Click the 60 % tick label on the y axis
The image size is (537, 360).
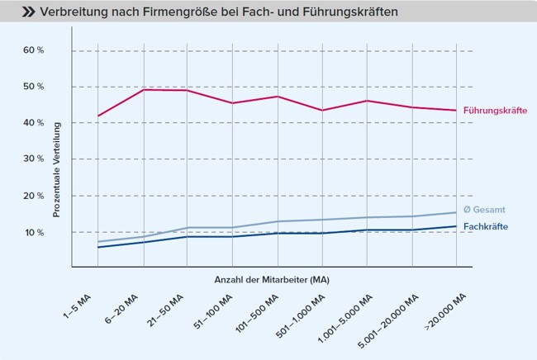pyautogui.click(x=33, y=50)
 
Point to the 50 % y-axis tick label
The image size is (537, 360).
pyautogui.click(x=33, y=87)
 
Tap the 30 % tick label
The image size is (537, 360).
pyautogui.click(x=33, y=159)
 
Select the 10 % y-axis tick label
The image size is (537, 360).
pyautogui.click(x=33, y=232)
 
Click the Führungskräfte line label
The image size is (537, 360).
pyautogui.click(x=494, y=110)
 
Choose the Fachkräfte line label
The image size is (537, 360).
pyautogui.click(x=486, y=226)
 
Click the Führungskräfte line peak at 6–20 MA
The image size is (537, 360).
pyautogui.click(x=145, y=89)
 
